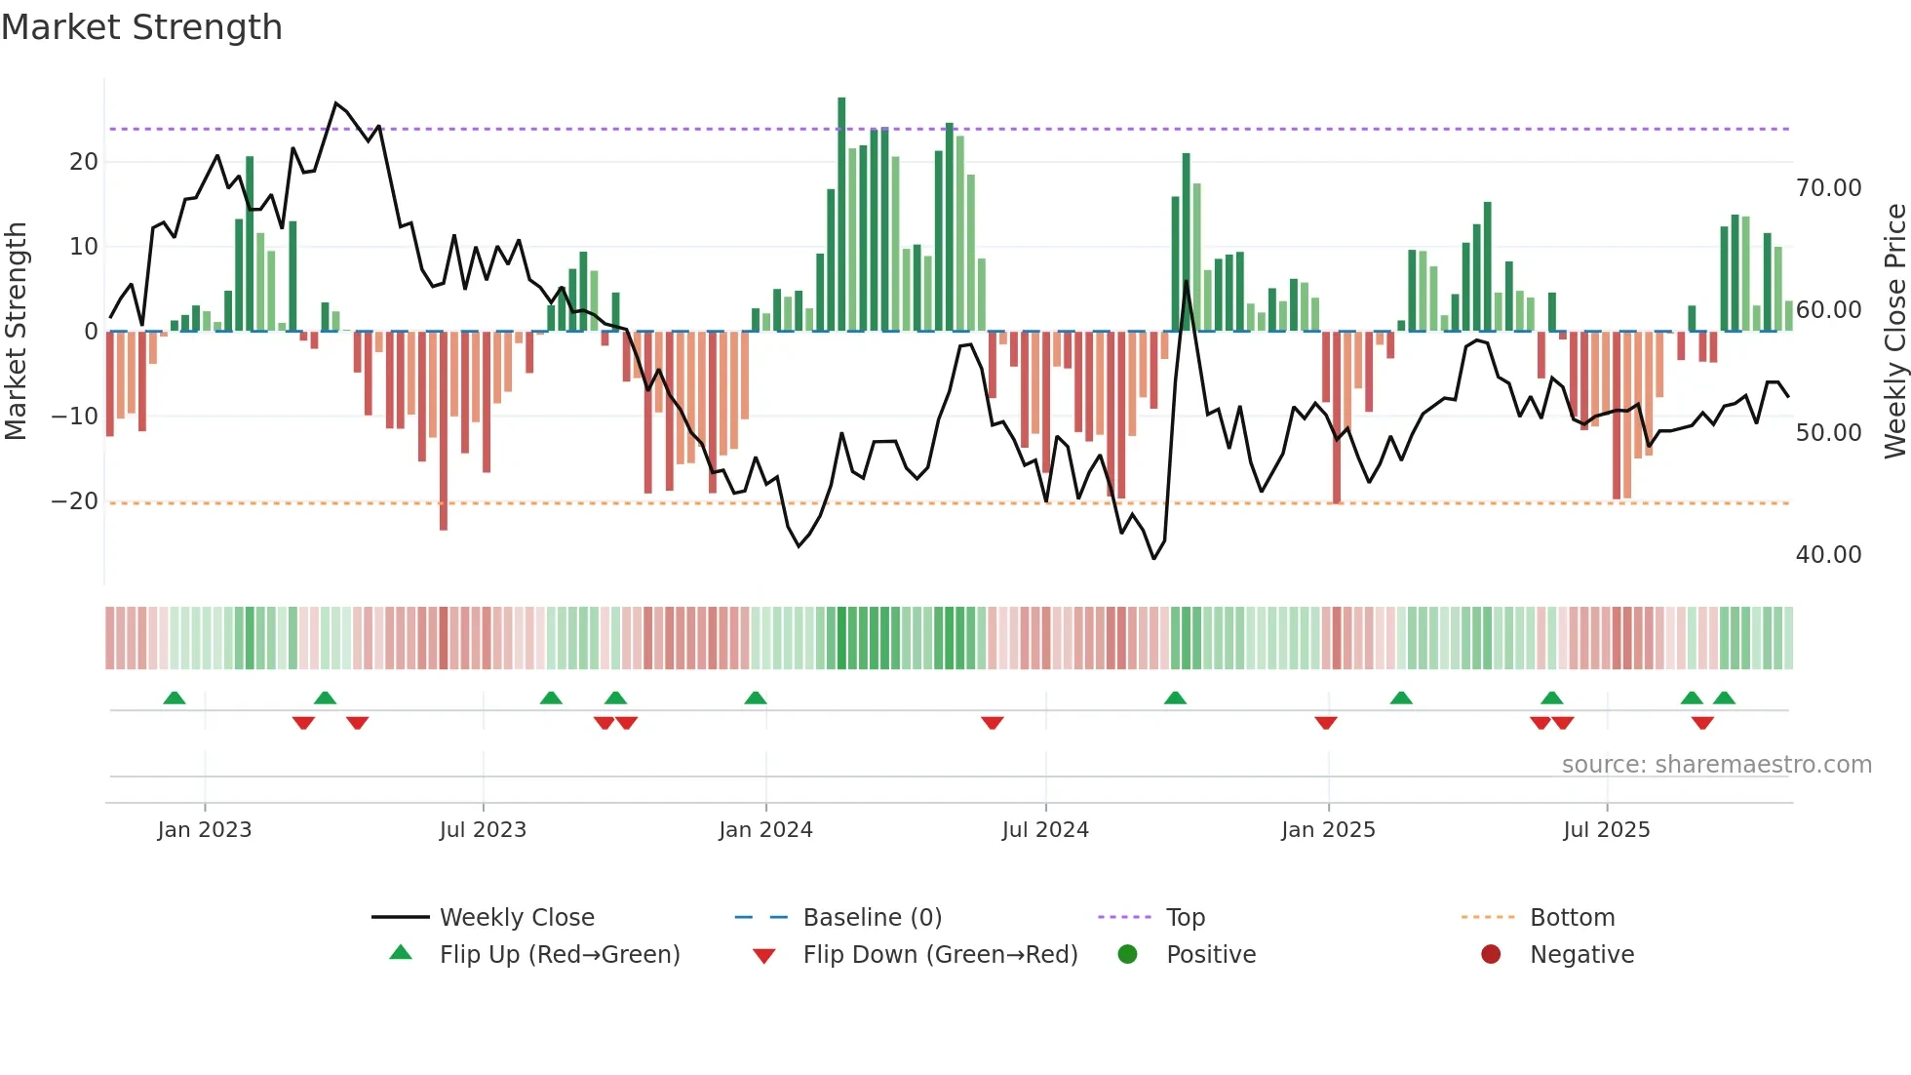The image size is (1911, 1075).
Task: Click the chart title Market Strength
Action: click(x=141, y=27)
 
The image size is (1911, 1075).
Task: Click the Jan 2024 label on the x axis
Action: click(x=765, y=830)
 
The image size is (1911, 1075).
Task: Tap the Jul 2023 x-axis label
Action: click(x=483, y=830)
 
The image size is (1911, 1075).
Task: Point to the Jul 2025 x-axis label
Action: click(x=1606, y=830)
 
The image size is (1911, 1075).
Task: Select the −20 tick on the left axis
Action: click(x=75, y=501)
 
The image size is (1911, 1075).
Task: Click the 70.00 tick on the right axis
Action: click(x=1828, y=188)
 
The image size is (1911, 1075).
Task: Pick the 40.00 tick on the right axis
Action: click(x=1828, y=555)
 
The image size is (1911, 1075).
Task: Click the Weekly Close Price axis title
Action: click(x=1894, y=332)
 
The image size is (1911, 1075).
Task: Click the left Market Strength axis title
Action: click(x=16, y=332)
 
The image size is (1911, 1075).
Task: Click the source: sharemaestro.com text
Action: click(x=1716, y=765)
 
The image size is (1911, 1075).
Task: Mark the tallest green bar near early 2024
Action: click(x=841, y=215)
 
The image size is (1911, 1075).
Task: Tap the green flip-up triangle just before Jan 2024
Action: click(x=756, y=697)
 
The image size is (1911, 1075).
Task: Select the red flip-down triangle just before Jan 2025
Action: click(x=1326, y=723)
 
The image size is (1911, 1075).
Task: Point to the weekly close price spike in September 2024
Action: click(x=1187, y=282)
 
